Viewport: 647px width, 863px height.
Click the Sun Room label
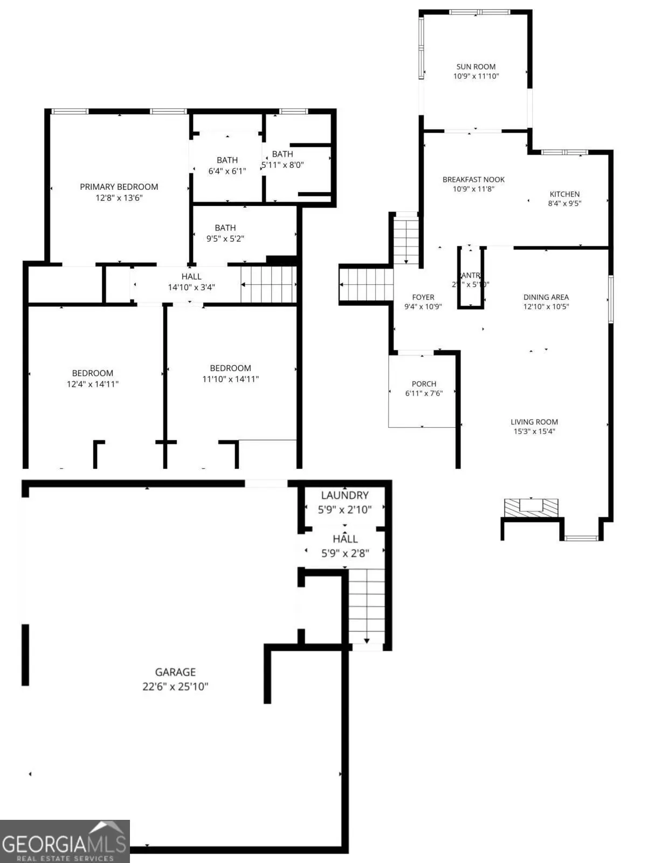476,67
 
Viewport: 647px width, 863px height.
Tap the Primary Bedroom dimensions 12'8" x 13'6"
119,198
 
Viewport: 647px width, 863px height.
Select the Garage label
175,672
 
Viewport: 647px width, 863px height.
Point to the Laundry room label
345,495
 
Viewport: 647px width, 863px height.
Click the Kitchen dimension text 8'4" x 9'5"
565,203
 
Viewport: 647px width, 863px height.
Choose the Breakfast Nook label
473,180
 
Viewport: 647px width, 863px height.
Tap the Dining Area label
546,297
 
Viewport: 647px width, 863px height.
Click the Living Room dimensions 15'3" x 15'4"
534,431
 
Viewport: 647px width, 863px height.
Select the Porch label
424,384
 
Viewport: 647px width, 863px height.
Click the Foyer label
423,297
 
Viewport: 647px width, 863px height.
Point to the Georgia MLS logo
65,841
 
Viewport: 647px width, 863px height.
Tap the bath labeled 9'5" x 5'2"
225,233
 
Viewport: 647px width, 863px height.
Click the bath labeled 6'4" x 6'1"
227,165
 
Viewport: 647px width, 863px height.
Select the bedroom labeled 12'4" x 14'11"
93,379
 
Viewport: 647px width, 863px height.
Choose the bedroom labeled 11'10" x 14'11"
230,373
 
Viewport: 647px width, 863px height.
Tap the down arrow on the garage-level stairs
367,640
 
